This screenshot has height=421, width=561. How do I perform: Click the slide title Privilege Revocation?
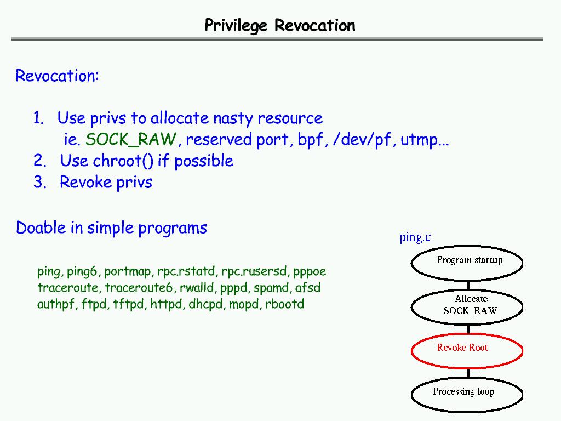279,25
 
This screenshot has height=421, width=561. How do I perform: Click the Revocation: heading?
57,76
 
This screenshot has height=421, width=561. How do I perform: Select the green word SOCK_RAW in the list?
131,140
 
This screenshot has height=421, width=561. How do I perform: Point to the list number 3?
39,182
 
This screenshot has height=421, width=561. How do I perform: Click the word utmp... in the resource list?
425,140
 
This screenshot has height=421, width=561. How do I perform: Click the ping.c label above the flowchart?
415,237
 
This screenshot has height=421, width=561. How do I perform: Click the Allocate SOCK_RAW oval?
467,307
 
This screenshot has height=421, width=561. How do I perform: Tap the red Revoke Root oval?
467,350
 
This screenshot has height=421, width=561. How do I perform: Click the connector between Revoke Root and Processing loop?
468,372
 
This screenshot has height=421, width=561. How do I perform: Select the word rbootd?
284,304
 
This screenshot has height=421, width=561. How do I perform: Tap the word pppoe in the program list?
310,271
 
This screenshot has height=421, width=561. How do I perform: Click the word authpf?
56,304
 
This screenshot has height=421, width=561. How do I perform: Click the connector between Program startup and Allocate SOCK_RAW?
468,285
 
